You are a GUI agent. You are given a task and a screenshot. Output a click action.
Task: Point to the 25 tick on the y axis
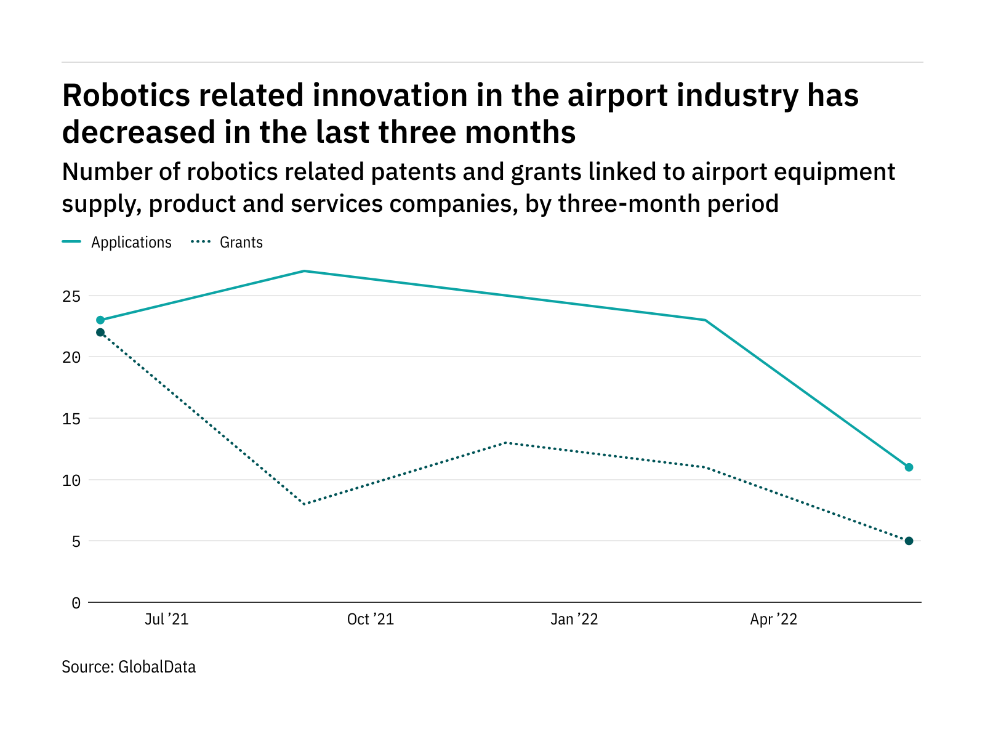pyautogui.click(x=72, y=296)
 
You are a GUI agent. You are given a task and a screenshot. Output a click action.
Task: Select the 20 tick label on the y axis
pyautogui.click(x=72, y=357)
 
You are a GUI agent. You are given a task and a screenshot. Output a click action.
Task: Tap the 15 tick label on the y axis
pyautogui.click(x=72, y=419)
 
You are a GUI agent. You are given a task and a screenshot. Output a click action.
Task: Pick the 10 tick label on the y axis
pyautogui.click(x=72, y=480)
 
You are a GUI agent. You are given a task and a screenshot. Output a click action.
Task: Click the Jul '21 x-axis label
pyautogui.click(x=166, y=620)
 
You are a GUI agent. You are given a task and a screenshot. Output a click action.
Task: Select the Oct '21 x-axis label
pyautogui.click(x=370, y=620)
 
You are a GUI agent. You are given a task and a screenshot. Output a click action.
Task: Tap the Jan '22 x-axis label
pyautogui.click(x=574, y=620)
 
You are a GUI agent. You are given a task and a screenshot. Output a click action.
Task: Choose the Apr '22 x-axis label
pyautogui.click(x=773, y=620)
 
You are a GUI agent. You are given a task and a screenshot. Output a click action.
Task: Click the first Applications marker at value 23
pyautogui.click(x=100, y=320)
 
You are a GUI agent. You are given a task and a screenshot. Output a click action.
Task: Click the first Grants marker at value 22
pyautogui.click(x=100, y=333)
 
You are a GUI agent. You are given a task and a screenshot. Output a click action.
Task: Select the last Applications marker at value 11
pyautogui.click(x=909, y=467)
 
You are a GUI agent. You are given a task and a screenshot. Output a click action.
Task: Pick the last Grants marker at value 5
pyautogui.click(x=909, y=541)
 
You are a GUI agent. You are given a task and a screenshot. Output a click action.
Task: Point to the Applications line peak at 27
pyautogui.click(x=304, y=271)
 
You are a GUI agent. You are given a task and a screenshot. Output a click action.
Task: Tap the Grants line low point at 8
pyautogui.click(x=304, y=504)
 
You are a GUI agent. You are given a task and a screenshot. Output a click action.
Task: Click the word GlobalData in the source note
pyautogui.click(x=157, y=667)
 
